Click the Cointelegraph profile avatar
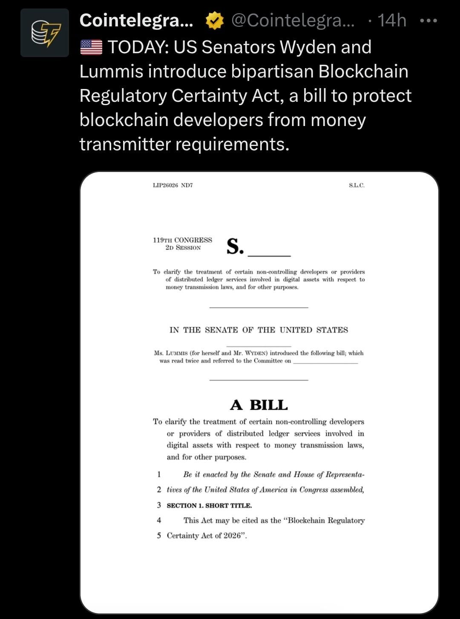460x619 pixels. coord(45,33)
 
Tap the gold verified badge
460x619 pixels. coord(215,21)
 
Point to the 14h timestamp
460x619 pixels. coord(392,20)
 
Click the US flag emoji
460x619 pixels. coord(91,47)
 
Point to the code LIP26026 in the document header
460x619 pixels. coord(165,185)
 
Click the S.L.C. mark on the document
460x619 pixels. coord(356,185)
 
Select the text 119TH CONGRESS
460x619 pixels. coord(182,240)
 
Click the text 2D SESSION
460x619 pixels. coord(183,248)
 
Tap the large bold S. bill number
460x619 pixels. coord(235,246)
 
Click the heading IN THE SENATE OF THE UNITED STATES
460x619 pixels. coord(259,330)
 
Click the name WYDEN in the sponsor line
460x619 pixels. coord(255,353)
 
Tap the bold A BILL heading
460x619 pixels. coord(259,405)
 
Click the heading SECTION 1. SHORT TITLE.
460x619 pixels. coord(209,505)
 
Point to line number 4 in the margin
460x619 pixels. coord(159,520)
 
